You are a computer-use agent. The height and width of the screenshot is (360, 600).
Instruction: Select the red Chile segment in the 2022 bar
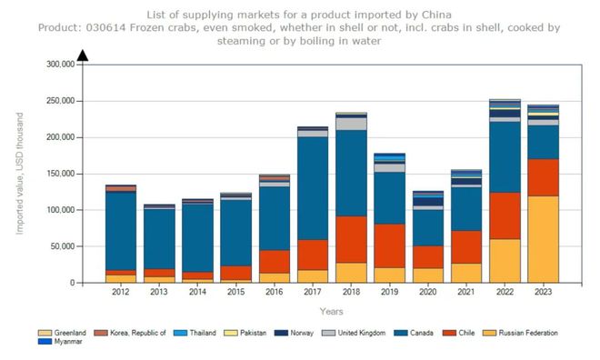pos(505,215)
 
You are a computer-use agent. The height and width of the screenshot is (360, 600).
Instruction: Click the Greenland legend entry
pos(66,334)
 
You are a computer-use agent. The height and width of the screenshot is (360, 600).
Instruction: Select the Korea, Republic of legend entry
pos(130,334)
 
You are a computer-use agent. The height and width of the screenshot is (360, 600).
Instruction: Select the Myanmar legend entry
pos(65,342)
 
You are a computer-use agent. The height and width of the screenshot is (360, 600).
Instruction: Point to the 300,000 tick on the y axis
pos(62,65)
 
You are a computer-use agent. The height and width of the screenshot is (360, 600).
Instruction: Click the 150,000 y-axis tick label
pos(62,137)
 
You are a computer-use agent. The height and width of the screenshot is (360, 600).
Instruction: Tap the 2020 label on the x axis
pos(428,292)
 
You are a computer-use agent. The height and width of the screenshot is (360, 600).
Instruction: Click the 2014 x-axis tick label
pos(197,292)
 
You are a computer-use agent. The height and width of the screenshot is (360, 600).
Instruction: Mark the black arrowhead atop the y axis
pos(83,56)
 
